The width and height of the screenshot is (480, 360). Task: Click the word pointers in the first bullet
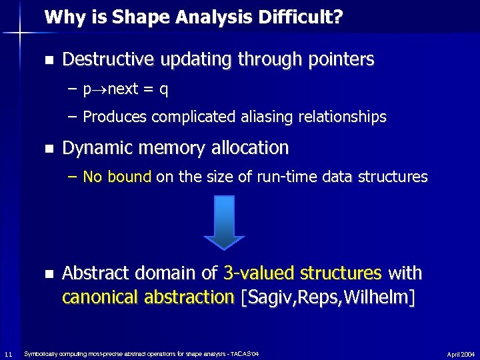point(338,60)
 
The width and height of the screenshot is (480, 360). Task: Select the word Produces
point(115,117)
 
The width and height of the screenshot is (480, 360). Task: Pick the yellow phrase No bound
point(117,177)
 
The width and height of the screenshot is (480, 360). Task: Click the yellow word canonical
point(97,297)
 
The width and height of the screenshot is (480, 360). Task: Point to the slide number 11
point(7,353)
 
